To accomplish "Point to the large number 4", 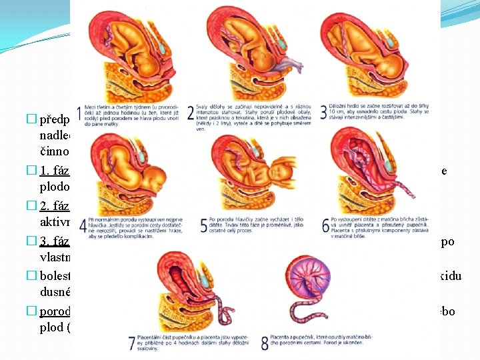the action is [x=82, y=225].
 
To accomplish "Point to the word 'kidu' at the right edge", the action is [x=457, y=275].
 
